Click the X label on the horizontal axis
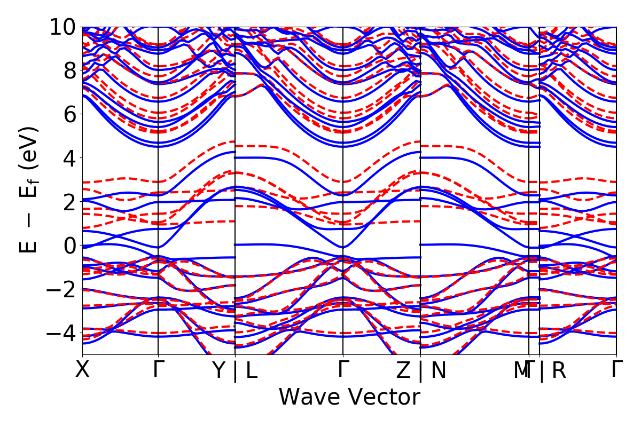pos(82,369)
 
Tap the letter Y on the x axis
pos(220,370)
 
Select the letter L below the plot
pos(251,370)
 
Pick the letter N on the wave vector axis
pos(438,370)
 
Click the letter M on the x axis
pos(520,370)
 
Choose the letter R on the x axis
pos(559,370)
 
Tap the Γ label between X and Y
pos(158,369)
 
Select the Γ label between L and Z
pos(342,369)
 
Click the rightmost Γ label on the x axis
pos(617,369)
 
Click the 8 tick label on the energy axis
pos(69,70)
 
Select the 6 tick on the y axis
pos(69,114)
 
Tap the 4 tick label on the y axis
pos(69,158)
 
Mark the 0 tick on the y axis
pos(69,246)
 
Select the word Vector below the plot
pos(382,398)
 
